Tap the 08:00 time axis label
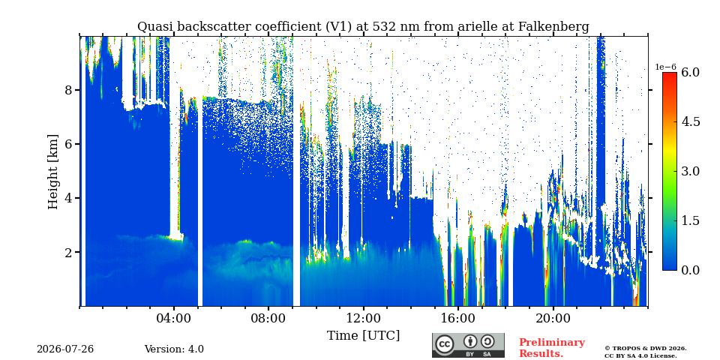click(x=268, y=319)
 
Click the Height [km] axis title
click(x=54, y=172)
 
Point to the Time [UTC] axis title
click(x=363, y=336)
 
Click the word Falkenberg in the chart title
click(x=553, y=27)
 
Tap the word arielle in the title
click(x=478, y=27)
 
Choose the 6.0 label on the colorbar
click(x=690, y=73)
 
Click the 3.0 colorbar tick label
click(x=690, y=171)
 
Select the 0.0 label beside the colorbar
click(x=690, y=270)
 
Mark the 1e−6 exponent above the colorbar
click(x=665, y=67)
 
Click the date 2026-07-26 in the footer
click(x=65, y=349)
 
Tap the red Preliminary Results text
click(x=552, y=348)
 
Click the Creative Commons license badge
click(x=468, y=345)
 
